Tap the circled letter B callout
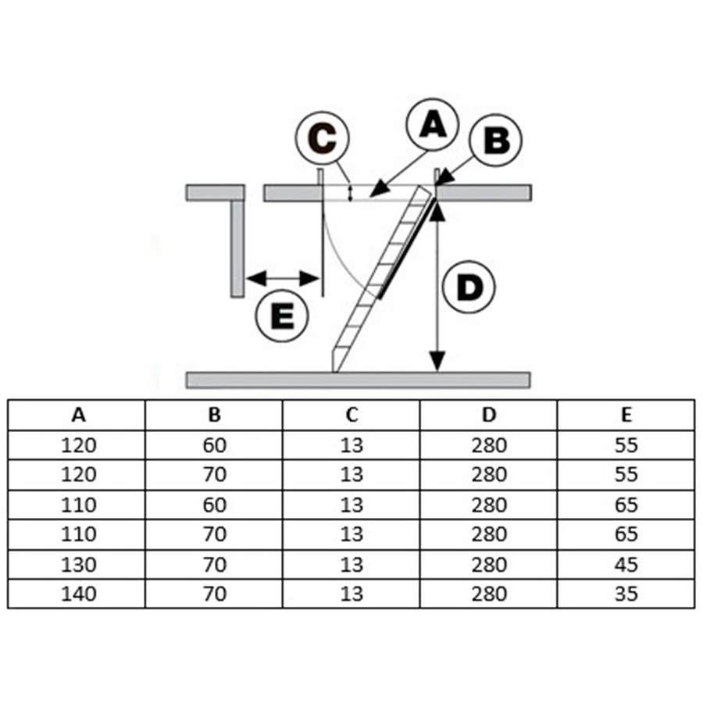(x=496, y=141)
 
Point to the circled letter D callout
(x=469, y=288)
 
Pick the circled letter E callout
(x=283, y=316)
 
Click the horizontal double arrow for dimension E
(x=282, y=277)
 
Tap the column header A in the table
(x=77, y=415)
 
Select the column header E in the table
(x=626, y=415)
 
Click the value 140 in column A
(x=77, y=594)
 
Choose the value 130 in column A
(x=77, y=564)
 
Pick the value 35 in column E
(x=626, y=594)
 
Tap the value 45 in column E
(x=626, y=564)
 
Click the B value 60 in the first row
(x=214, y=445)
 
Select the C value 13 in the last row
(x=351, y=594)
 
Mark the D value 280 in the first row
(x=489, y=445)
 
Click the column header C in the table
(x=351, y=415)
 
